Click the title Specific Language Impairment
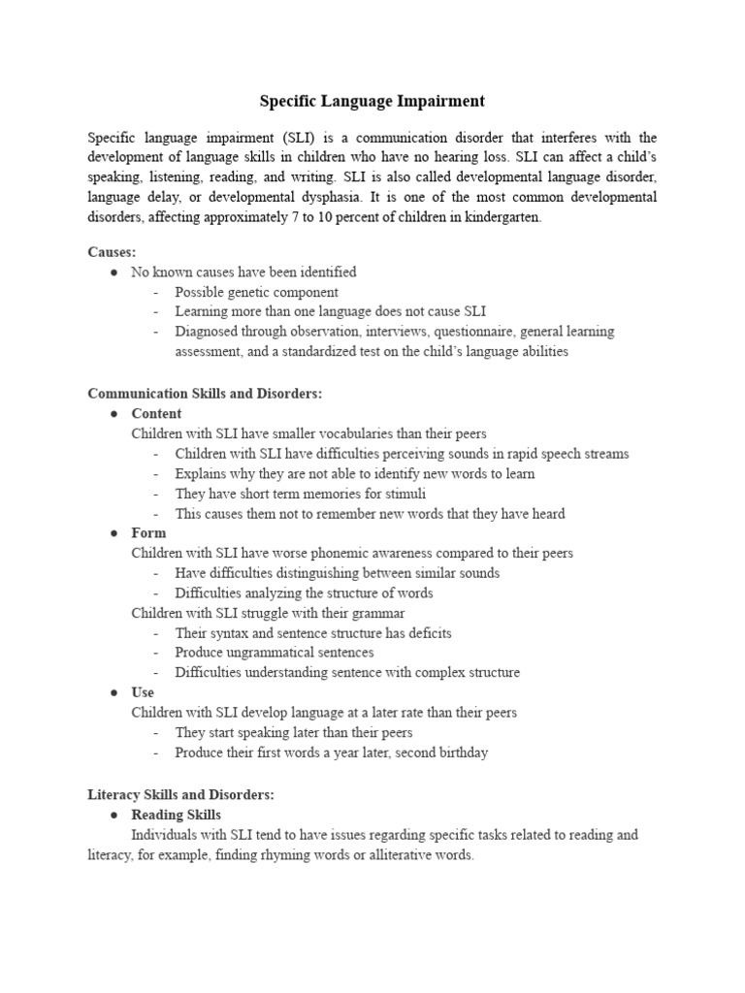372,101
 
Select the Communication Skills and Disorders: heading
205,394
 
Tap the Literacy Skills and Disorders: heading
181,794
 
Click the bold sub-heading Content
156,413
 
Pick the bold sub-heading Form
148,532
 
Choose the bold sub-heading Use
143,692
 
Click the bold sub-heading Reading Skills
177,815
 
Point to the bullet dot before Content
113,414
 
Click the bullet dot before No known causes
113,272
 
